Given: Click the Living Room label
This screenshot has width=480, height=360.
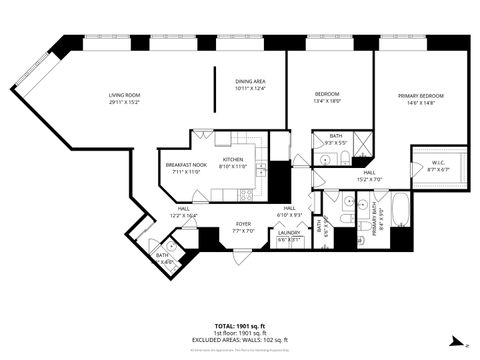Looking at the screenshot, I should point(123,95).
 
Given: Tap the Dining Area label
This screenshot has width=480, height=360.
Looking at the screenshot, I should point(250,82).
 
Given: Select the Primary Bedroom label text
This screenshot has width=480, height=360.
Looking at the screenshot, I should point(420,95).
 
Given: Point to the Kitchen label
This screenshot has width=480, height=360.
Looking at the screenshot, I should point(233,160).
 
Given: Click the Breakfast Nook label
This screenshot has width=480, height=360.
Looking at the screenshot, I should point(186,165).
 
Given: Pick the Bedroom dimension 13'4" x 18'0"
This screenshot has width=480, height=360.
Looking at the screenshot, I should point(327,101).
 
